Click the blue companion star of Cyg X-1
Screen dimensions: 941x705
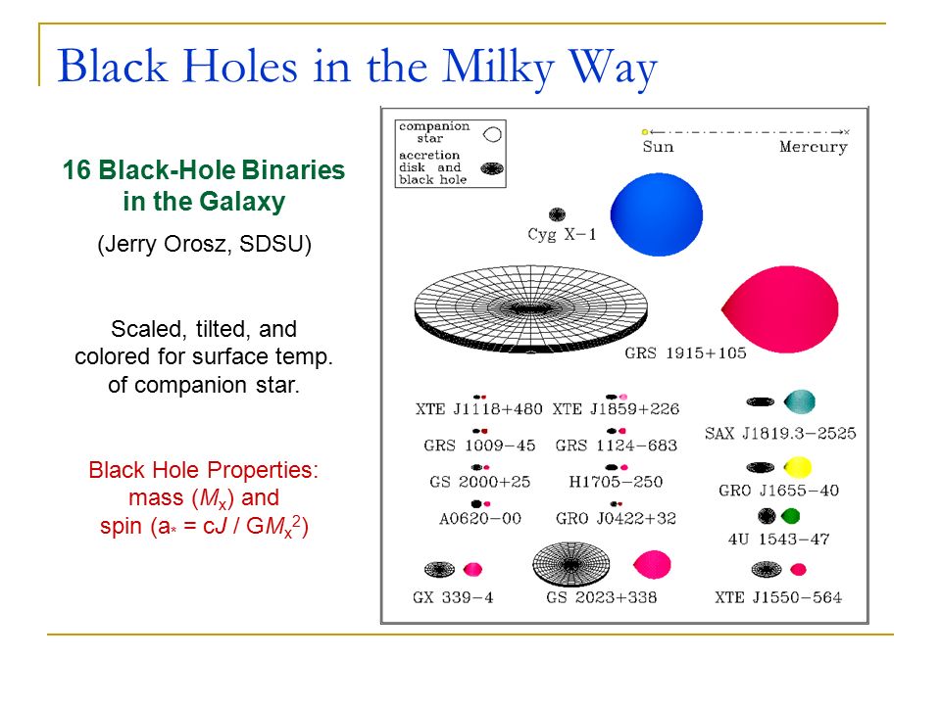point(657,214)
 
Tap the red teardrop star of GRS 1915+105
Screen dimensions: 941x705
point(780,309)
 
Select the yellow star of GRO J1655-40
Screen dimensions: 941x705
point(798,467)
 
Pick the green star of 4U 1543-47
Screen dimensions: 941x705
point(790,516)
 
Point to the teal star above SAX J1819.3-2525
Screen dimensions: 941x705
point(800,401)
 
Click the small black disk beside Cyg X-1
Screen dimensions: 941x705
point(557,214)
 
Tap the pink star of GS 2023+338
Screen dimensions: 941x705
point(652,565)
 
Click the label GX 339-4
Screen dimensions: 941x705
point(453,597)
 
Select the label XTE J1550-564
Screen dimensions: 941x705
point(777,597)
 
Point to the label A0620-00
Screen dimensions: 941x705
point(480,519)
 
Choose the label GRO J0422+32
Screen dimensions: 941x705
point(616,519)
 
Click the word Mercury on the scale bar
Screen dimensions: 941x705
point(814,147)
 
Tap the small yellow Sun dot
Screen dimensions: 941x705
point(645,132)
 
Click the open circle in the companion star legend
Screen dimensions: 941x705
point(492,134)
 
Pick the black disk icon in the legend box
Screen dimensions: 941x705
point(492,169)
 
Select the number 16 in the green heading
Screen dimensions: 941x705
point(76,170)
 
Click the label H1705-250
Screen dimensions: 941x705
point(616,482)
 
